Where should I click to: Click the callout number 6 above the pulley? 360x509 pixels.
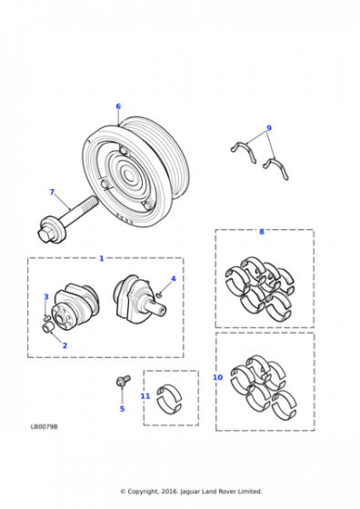pyautogui.click(x=118, y=106)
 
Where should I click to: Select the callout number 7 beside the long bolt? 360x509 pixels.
pyautogui.click(x=52, y=192)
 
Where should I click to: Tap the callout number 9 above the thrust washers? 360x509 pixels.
pyautogui.click(x=269, y=128)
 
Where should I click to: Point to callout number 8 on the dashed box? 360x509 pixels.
pyautogui.click(x=262, y=232)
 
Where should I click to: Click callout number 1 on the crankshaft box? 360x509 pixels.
pyautogui.click(x=101, y=258)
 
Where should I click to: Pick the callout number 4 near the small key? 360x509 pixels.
pyautogui.click(x=174, y=278)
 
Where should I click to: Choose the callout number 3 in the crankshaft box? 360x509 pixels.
pyautogui.click(x=46, y=296)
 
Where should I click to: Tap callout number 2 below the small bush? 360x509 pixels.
pyautogui.click(x=65, y=345)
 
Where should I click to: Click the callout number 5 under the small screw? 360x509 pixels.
pyautogui.click(x=122, y=409)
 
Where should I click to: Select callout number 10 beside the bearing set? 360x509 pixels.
pyautogui.click(x=217, y=377)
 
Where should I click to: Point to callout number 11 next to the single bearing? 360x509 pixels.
pyautogui.click(x=145, y=396)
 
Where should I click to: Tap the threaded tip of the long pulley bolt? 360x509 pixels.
pyautogui.click(x=93, y=202)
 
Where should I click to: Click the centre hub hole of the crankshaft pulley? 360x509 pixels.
pyautogui.click(x=129, y=176)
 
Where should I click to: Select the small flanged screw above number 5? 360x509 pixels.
pyautogui.click(x=123, y=381)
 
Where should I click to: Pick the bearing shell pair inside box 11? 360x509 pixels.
pyautogui.click(x=169, y=400)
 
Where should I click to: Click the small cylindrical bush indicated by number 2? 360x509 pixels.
pyautogui.click(x=47, y=327)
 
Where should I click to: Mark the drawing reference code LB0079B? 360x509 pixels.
pyautogui.click(x=45, y=426)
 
